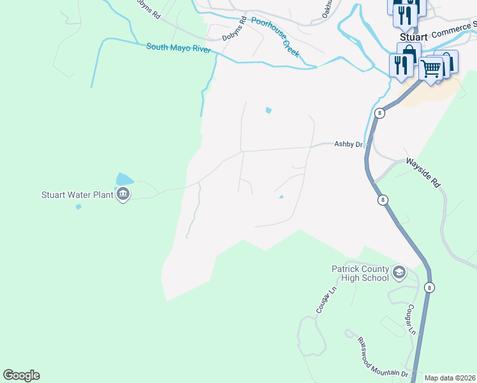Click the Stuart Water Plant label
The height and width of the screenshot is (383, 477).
[77, 195]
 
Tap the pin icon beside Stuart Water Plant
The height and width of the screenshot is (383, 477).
[123, 195]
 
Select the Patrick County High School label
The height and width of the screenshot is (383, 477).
[360, 273]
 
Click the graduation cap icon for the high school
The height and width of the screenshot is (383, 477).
[400, 273]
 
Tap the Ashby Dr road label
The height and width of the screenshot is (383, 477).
[348, 145]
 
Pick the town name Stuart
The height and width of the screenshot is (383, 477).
[413, 37]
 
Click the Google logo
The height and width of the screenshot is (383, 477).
[21, 375]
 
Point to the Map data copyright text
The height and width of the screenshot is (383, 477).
[450, 378]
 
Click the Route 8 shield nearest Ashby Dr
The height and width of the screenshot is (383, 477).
[379, 113]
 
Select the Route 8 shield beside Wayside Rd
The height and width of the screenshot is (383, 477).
[383, 200]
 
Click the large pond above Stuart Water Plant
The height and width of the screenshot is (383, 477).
[124, 180]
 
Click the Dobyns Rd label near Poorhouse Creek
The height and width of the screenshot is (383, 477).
[234, 30]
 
